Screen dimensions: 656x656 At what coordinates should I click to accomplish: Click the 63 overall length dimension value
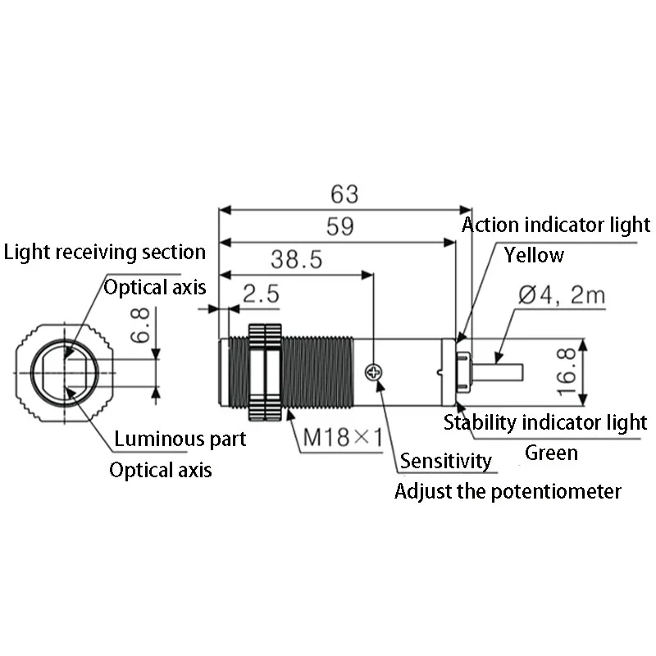344,194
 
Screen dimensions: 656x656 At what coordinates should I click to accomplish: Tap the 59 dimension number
339,226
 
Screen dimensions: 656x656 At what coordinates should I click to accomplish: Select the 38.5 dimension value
296,259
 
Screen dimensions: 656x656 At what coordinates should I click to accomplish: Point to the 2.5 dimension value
261,294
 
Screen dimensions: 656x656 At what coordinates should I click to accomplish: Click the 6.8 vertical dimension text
140,325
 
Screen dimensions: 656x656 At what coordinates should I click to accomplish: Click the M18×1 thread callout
343,437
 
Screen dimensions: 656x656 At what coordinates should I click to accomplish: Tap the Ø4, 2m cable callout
562,294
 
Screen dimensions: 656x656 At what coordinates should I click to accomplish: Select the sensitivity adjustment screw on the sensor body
374,372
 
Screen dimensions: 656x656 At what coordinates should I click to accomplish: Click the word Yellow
534,255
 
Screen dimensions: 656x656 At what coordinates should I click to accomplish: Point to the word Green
551,453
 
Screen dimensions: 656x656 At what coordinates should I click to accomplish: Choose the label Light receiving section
105,253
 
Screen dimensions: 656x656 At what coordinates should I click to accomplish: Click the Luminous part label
180,440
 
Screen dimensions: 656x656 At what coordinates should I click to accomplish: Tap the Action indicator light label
556,225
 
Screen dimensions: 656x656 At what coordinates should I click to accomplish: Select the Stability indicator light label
545,422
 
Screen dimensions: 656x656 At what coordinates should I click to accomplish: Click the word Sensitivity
446,461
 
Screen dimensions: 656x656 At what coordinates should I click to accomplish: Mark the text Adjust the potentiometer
508,491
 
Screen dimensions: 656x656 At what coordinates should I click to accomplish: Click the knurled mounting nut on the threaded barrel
265,372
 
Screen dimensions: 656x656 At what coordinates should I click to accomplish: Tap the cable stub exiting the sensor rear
497,372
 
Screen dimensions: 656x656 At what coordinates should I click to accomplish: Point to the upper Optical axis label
155,288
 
